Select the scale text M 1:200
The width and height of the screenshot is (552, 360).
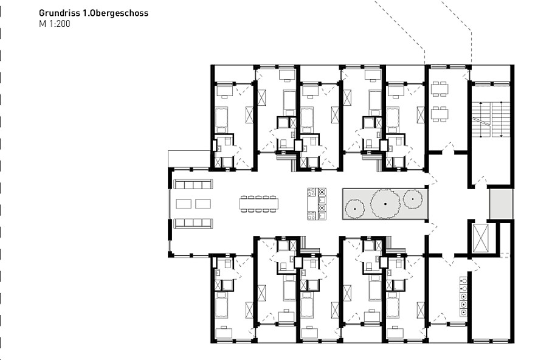click(x=55, y=24)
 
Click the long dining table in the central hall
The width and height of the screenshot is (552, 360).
click(x=259, y=204)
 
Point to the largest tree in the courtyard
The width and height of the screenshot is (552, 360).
click(x=385, y=204)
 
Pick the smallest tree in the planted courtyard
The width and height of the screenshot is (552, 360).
click(x=413, y=199)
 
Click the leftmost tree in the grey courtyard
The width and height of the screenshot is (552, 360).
click(x=355, y=209)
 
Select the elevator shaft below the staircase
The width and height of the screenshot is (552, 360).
click(x=480, y=238)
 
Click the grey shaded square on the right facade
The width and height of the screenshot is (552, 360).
click(x=501, y=204)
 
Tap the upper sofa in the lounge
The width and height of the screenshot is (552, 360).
click(x=193, y=184)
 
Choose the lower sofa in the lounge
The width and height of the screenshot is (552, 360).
click(x=193, y=223)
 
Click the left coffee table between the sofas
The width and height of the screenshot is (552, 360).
click(x=184, y=204)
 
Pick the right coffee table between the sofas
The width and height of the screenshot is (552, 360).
click(x=203, y=204)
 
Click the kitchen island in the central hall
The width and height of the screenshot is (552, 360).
click(x=317, y=204)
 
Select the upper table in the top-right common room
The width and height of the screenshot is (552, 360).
click(x=440, y=88)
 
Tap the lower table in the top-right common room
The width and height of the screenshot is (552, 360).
click(x=440, y=114)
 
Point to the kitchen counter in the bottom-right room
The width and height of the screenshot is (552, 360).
click(x=464, y=297)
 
